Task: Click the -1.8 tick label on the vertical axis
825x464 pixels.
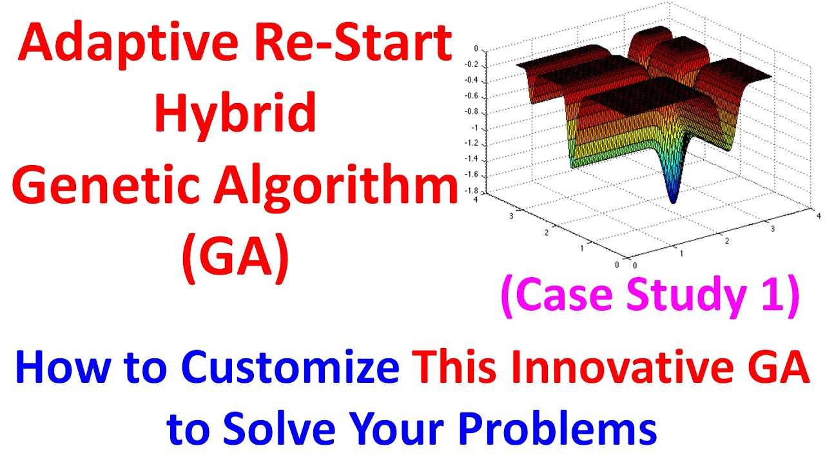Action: pyautogui.click(x=472, y=191)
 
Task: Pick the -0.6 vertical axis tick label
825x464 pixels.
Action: pyautogui.click(x=472, y=96)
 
